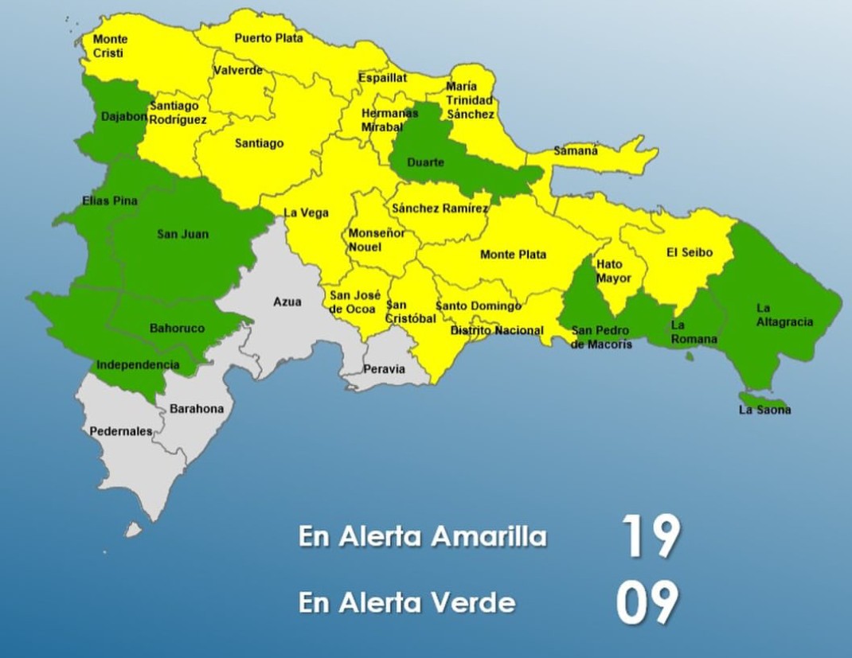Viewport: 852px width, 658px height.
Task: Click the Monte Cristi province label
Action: (x=110, y=46)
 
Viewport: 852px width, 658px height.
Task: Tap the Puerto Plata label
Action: (x=268, y=38)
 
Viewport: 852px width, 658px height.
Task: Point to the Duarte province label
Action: (x=425, y=163)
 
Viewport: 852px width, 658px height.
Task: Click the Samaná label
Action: (x=576, y=150)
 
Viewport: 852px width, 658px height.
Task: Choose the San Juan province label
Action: (x=182, y=234)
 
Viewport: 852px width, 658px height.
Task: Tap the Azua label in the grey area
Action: (x=287, y=302)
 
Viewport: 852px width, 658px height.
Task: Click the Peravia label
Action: (x=384, y=369)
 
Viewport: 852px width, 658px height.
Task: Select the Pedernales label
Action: (x=120, y=431)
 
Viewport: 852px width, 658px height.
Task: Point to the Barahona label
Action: (x=197, y=409)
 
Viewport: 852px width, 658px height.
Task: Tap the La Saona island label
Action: (x=765, y=411)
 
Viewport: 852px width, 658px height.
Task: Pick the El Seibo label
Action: (x=690, y=253)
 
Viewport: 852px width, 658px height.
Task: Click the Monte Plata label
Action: (x=513, y=255)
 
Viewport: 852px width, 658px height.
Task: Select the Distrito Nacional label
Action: (x=497, y=330)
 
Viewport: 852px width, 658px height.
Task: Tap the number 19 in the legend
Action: (x=651, y=537)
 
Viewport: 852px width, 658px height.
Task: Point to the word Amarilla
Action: (x=489, y=537)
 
